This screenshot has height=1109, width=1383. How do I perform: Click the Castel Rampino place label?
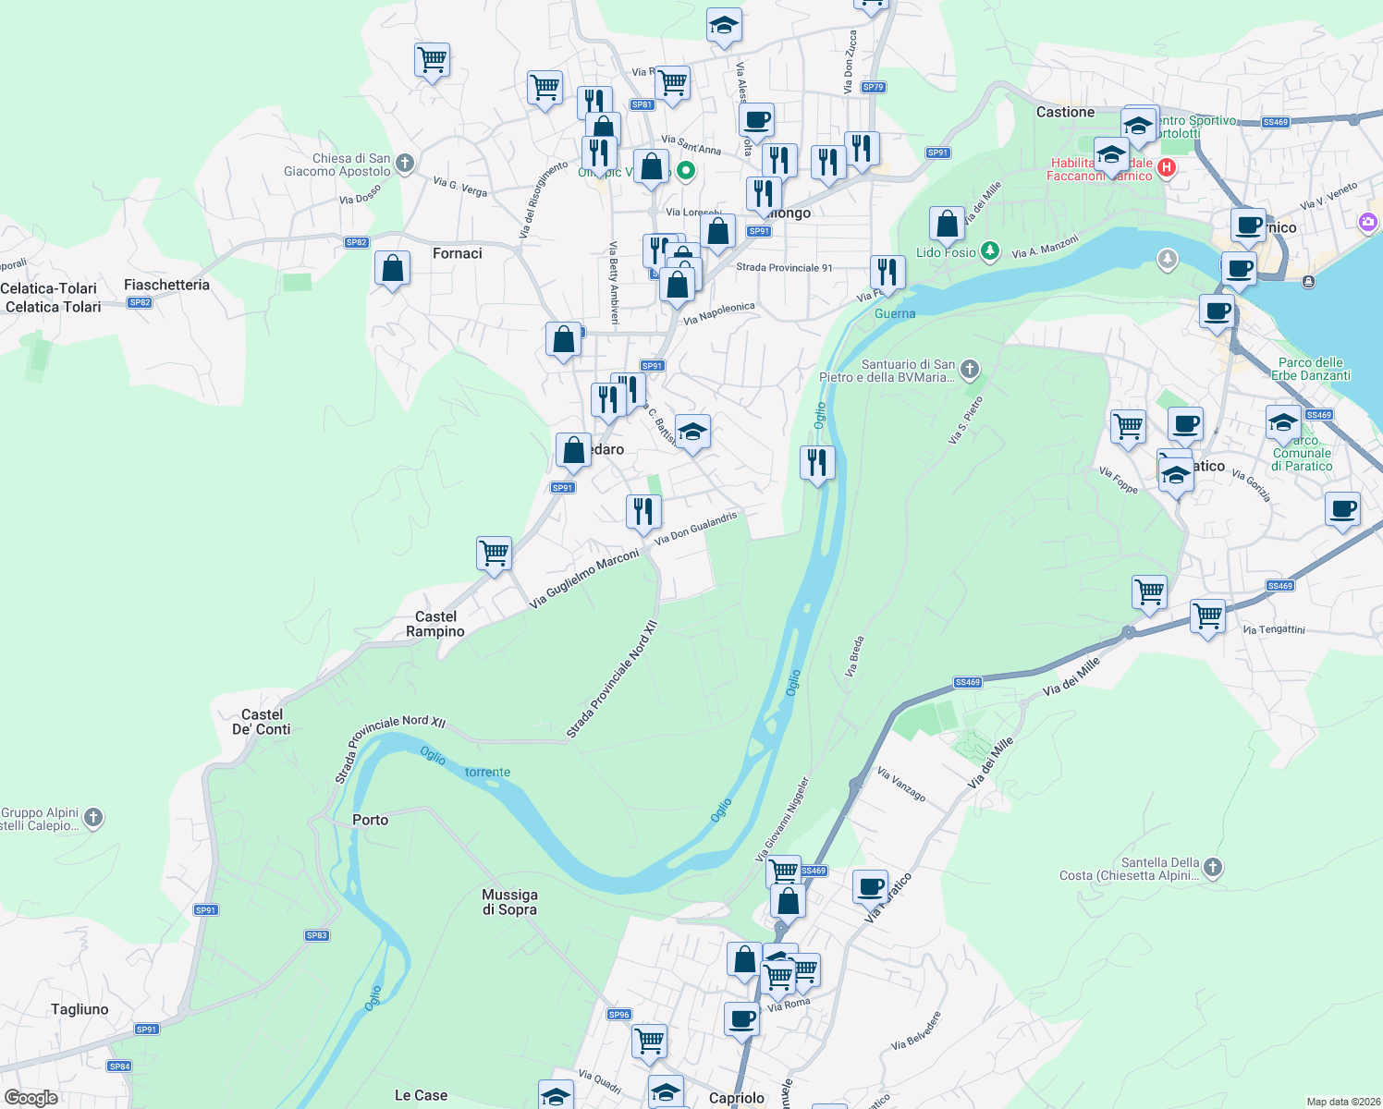(435, 624)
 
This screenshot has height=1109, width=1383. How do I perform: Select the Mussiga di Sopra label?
(509, 902)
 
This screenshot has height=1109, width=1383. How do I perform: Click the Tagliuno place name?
(80, 1009)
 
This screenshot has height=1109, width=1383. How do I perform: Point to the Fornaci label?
(458, 253)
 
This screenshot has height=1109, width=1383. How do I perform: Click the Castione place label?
(1065, 112)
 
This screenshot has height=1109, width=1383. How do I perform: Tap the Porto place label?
(371, 820)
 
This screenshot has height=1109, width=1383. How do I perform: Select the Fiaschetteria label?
(166, 285)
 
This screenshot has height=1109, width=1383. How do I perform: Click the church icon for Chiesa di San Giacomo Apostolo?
(404, 165)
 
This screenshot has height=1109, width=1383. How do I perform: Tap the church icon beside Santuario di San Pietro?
(969, 371)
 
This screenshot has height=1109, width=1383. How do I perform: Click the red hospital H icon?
(1167, 167)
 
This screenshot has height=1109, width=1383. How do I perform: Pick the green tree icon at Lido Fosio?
(990, 251)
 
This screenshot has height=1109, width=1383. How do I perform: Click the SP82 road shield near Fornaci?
(357, 242)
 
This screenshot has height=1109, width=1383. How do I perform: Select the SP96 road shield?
(619, 1014)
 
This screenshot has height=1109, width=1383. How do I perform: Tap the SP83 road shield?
(317, 935)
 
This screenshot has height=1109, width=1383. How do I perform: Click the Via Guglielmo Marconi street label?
(583, 579)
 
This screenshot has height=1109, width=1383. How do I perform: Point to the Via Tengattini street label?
(1274, 629)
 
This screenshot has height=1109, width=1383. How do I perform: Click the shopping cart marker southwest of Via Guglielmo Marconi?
(495, 554)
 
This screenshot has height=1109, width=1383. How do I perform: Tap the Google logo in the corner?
(31, 1098)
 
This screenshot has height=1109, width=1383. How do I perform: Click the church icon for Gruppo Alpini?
(93, 817)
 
